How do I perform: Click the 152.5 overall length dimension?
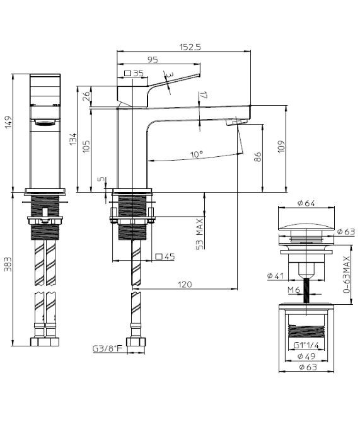coord(190,47)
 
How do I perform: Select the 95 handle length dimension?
coord(153,59)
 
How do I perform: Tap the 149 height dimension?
coord(8,122)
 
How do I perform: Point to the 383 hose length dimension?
coord(8,265)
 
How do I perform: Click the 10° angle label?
coord(197,154)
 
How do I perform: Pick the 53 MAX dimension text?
coord(200,234)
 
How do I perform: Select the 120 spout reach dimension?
coord(185,285)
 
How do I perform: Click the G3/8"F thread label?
coord(108,349)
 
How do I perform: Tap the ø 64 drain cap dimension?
coord(306,203)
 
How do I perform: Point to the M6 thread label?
coord(294,290)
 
